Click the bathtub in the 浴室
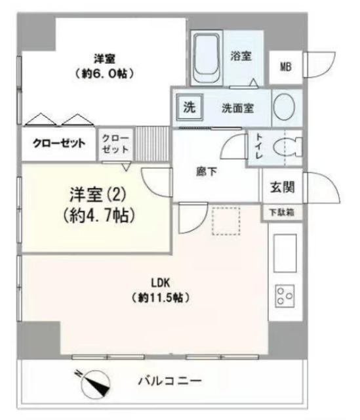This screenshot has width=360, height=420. [207, 58]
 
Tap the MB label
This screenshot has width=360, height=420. [286, 67]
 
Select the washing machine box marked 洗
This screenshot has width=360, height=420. [190, 107]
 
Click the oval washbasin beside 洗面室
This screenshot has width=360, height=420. [284, 106]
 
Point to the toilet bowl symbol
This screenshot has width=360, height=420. [287, 147]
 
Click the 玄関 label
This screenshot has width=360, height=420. [283, 187]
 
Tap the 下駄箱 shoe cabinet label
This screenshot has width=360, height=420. [282, 213]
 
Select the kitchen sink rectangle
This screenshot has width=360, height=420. [285, 253]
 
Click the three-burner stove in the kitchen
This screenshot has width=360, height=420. [285, 296]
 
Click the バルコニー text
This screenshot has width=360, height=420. [170, 381]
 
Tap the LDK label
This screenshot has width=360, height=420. [161, 283]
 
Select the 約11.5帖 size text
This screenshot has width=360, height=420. [161, 297]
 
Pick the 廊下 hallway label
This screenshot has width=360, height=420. [207, 171]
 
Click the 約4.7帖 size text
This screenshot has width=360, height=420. [99, 215]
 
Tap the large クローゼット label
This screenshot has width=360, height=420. [59, 143]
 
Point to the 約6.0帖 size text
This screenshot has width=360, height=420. [104, 73]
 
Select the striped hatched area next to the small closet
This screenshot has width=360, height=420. [151, 144]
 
